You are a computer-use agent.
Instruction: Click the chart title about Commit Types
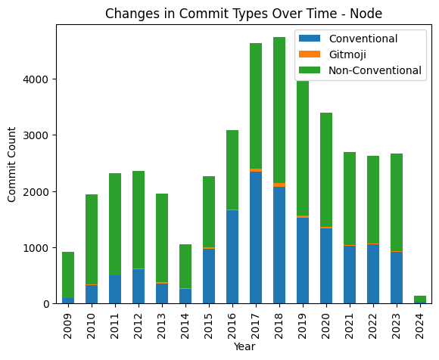[x=243, y=13]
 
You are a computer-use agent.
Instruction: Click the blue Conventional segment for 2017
[x=256, y=237]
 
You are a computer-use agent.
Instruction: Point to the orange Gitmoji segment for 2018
[x=279, y=185]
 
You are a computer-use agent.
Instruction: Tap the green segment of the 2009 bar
[x=68, y=275]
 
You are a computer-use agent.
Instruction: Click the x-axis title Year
[x=243, y=346]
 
